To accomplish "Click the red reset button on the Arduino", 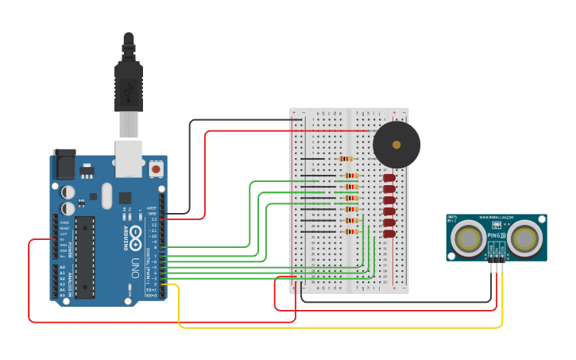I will click(157, 169).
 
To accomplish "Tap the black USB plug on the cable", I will click(128, 83).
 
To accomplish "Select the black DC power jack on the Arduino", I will click(64, 165).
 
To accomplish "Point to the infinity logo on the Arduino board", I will click(135, 235).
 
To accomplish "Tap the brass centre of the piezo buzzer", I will click(396, 145).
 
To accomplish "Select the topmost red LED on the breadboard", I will click(389, 178).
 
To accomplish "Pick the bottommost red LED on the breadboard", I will click(389, 234).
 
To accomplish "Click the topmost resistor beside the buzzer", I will click(346, 159).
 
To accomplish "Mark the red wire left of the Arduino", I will click(29, 278).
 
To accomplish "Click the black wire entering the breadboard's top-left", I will click(238, 120).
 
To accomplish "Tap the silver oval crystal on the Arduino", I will click(106, 193).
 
